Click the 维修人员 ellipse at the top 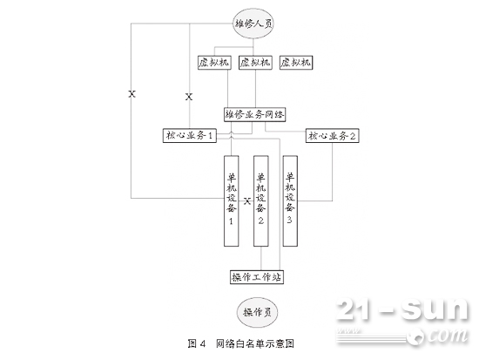(253, 24)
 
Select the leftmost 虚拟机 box (214, 63)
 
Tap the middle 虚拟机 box (255, 63)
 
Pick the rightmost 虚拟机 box (296, 63)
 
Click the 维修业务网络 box (255, 115)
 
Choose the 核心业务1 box (189, 135)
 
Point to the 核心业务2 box (332, 136)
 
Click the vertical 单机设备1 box (232, 201)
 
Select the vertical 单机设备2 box (261, 201)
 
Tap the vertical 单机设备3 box (290, 201)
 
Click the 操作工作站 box (257, 277)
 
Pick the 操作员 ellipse (257, 312)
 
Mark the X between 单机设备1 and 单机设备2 (247, 201)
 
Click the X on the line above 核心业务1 (189, 97)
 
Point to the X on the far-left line (132, 94)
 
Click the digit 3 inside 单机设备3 (290, 220)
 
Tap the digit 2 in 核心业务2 (352, 136)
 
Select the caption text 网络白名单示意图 (255, 343)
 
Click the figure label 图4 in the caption (197, 343)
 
